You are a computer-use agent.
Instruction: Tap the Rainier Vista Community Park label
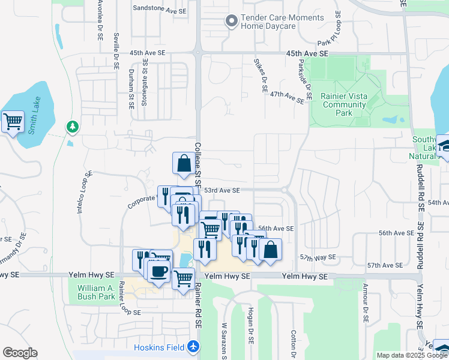pos(343,104)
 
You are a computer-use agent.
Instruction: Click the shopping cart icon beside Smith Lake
pos(13,122)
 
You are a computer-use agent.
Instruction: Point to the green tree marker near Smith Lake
pos(72,127)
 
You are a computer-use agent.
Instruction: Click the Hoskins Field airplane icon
pos(193,347)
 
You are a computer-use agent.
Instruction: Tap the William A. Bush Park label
pos(96,292)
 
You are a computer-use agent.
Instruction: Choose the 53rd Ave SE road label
pos(221,190)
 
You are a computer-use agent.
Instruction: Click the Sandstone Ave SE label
pos(160,9)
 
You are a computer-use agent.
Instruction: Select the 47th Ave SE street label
pos(288,96)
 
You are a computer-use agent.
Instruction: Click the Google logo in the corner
pos(20,353)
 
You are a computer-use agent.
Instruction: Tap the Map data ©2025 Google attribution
pos(412,355)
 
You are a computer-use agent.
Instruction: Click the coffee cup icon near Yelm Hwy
pos(159,271)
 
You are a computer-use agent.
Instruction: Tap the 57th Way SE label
pos(319,257)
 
